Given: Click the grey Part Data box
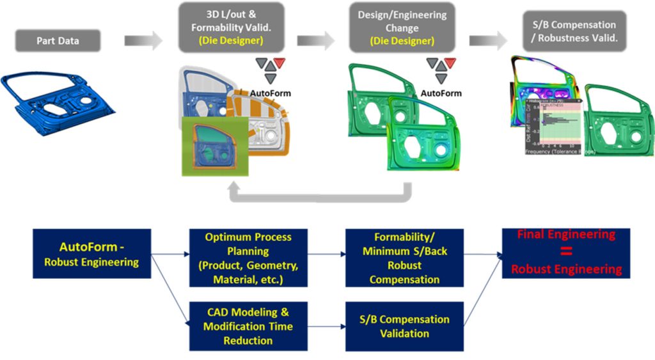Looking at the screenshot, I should click(57, 42).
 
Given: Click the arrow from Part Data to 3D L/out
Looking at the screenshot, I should click(144, 41).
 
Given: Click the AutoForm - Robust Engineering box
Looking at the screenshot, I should click(91, 253).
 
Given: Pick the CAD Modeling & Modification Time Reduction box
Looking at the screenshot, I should click(248, 326).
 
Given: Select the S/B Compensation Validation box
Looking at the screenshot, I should click(404, 326).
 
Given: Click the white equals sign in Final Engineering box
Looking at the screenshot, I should click(566, 251).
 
